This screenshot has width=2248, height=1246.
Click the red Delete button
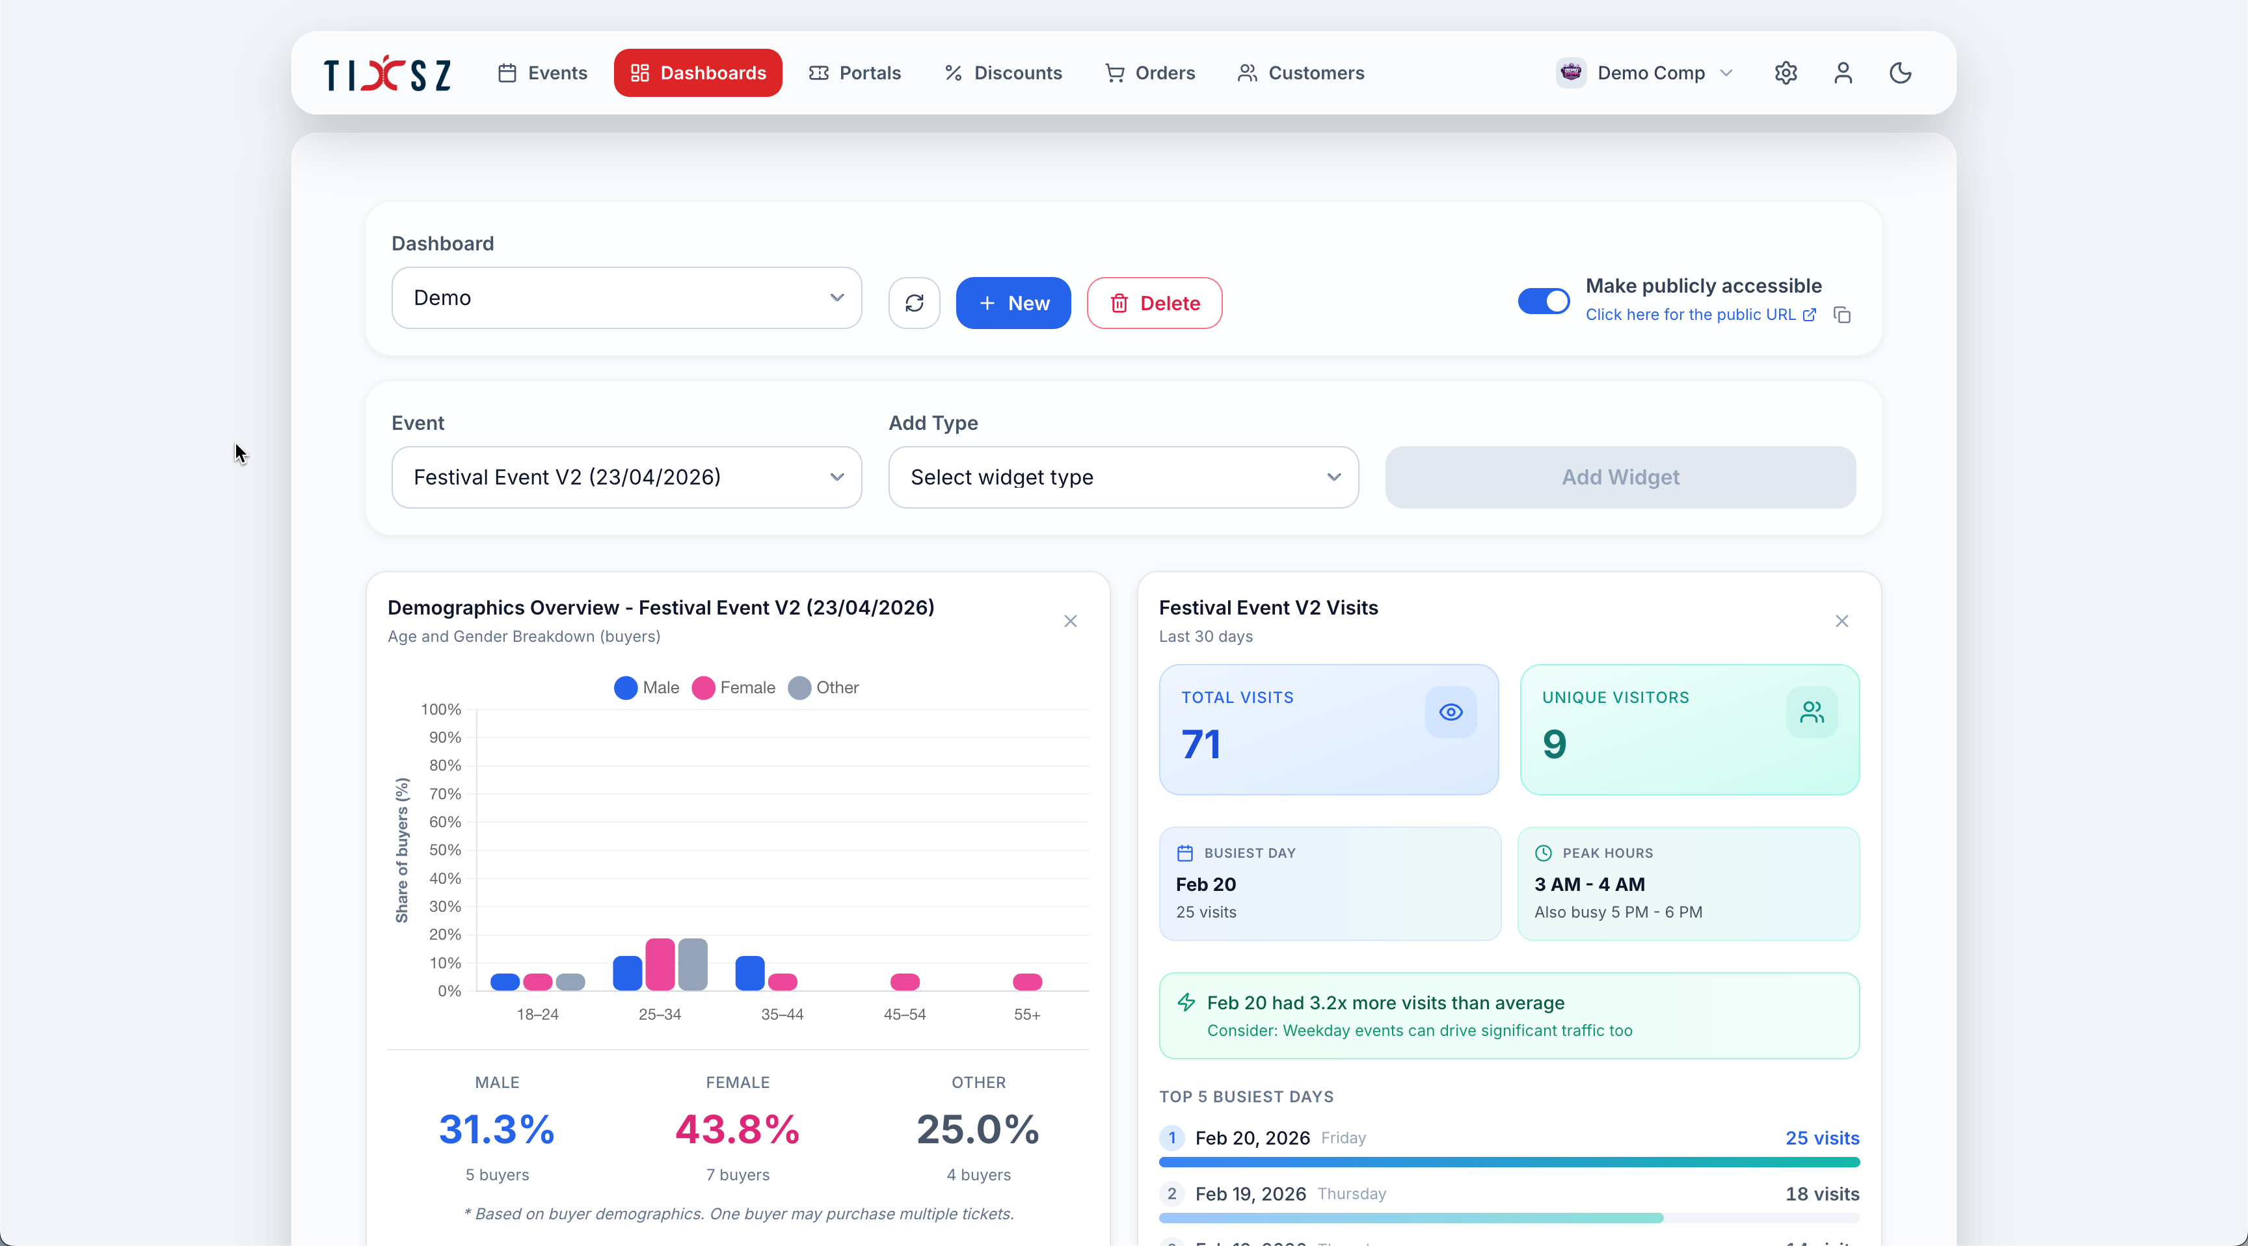pos(1154,303)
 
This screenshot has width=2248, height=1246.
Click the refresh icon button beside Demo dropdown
pos(914,303)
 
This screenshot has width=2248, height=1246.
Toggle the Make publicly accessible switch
pos(1543,301)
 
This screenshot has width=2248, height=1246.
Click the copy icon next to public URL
pos(1842,314)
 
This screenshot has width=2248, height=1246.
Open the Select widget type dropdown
pos(1123,477)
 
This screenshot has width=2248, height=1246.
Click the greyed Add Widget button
pos(1620,477)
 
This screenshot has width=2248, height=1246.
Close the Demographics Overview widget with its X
pos(1070,621)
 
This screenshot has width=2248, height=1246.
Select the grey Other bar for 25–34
pos(693,964)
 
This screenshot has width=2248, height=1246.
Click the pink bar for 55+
pos(1027,981)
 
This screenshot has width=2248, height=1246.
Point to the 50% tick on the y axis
pos(445,850)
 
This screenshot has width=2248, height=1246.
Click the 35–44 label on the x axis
pos(782,1014)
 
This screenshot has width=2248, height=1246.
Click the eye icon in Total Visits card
pos(1451,712)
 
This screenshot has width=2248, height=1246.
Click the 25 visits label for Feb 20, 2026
pos(1821,1138)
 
